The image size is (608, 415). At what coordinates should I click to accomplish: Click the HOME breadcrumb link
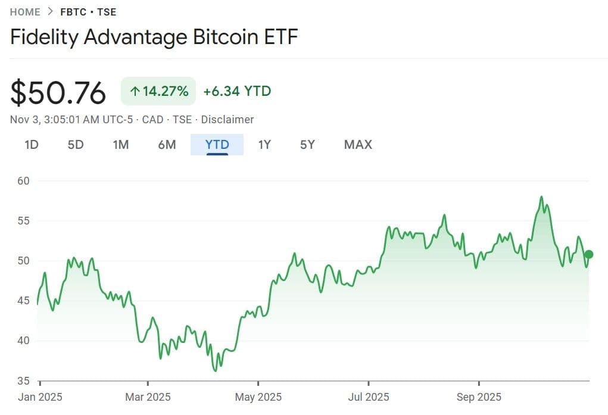tap(25, 12)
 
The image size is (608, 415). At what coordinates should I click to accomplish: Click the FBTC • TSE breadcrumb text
tap(88, 12)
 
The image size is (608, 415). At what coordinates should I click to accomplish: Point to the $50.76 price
tap(58, 93)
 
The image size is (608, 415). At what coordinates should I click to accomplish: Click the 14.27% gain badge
tap(158, 91)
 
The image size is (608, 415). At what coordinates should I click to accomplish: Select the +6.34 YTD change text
tap(237, 91)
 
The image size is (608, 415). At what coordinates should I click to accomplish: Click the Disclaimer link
tap(227, 120)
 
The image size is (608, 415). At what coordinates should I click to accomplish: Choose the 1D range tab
tap(31, 145)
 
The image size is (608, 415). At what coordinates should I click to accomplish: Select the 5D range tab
tap(76, 145)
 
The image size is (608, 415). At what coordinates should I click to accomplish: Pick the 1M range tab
tap(121, 145)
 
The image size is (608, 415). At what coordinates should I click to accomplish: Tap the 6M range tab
tap(167, 145)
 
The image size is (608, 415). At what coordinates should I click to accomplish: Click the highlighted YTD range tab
tap(217, 145)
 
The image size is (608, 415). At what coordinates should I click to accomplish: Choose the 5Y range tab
tap(307, 145)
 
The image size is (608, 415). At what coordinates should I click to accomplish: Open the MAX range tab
tap(358, 145)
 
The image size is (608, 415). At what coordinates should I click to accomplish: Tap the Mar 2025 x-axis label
tap(147, 397)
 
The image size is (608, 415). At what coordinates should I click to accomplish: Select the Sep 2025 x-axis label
tap(479, 397)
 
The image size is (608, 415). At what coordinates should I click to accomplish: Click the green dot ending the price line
tap(589, 254)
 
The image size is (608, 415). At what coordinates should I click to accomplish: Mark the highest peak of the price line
tap(541, 196)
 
